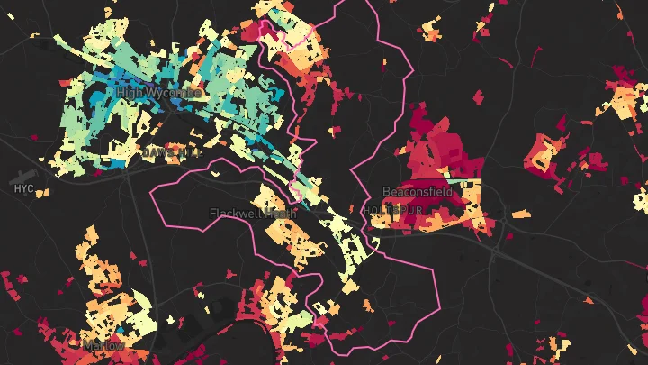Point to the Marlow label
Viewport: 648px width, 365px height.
point(103,345)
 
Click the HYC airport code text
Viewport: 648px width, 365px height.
point(24,188)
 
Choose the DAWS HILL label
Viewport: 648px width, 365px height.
point(171,153)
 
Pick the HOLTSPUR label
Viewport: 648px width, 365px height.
point(394,209)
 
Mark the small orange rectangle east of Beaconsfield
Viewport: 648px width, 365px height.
point(520,214)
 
